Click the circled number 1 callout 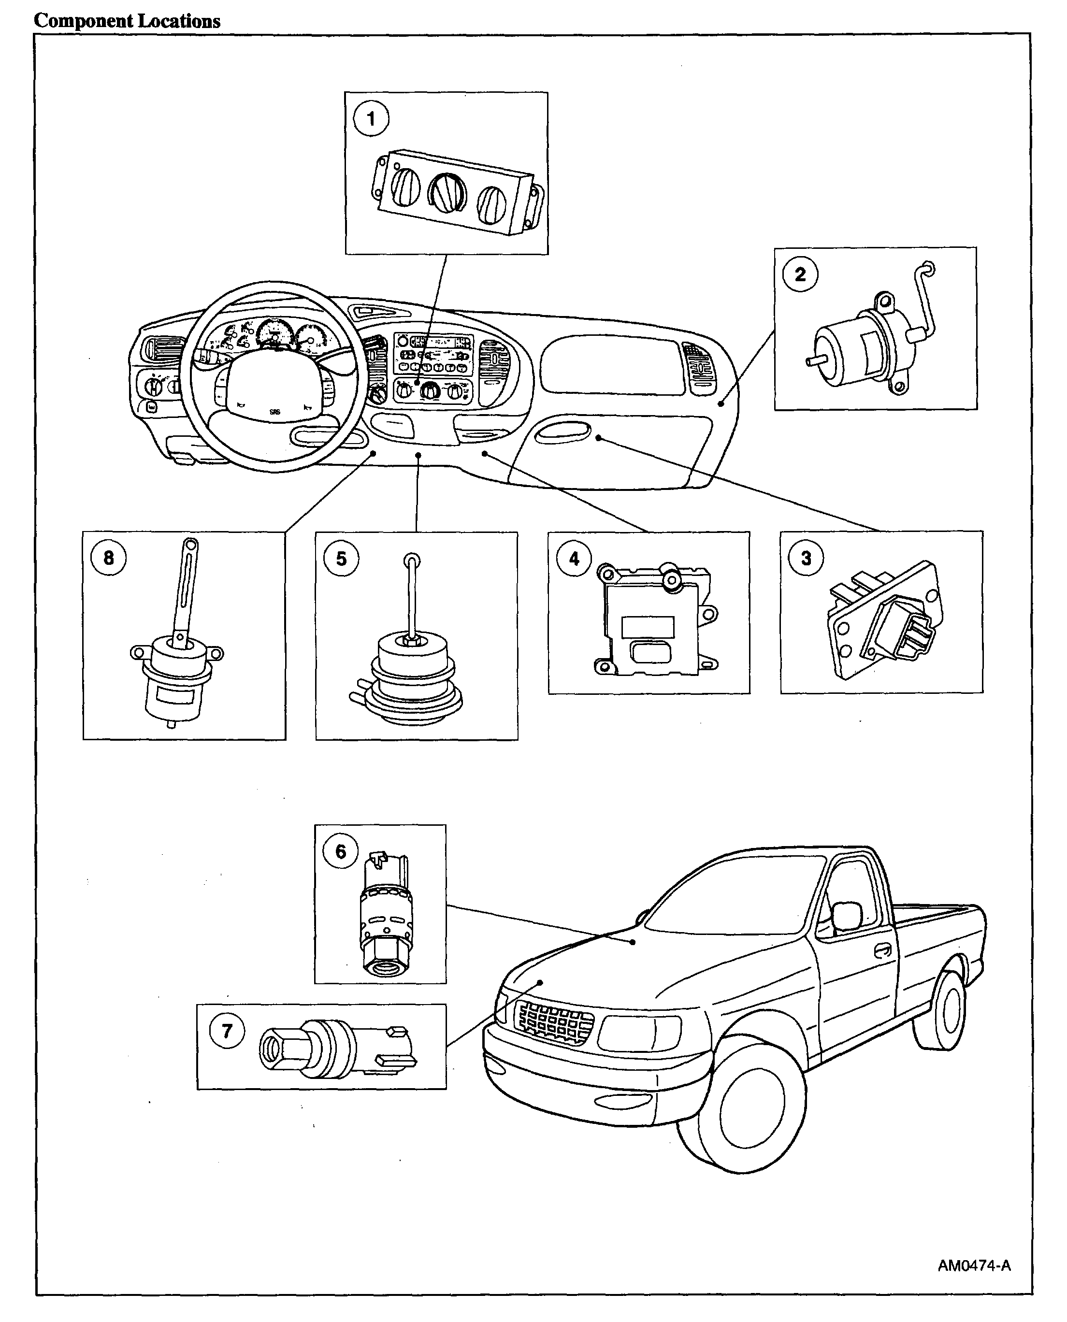pyautogui.click(x=371, y=118)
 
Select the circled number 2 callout pyautogui.click(x=800, y=274)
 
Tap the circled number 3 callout pyautogui.click(x=806, y=558)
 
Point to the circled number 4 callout pyautogui.click(x=574, y=559)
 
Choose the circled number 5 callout pyautogui.click(x=341, y=559)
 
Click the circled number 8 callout pyautogui.click(x=109, y=558)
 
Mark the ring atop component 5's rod pyautogui.click(x=411, y=560)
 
